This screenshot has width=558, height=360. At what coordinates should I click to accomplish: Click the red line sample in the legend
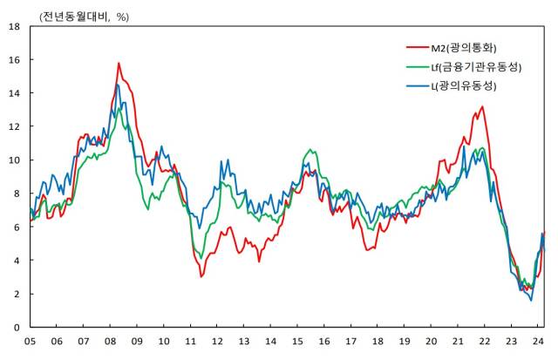[x=418, y=46]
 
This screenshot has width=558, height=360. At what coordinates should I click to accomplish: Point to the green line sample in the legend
[x=418, y=65]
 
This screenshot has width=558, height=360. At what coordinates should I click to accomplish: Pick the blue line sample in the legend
[x=418, y=85]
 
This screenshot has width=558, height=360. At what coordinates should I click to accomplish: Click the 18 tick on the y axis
[x=14, y=26]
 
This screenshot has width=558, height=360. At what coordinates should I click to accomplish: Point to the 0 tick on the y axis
[x=17, y=327]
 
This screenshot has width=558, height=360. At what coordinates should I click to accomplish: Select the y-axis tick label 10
[x=14, y=160]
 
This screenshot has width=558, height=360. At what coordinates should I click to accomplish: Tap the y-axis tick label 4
[x=17, y=260]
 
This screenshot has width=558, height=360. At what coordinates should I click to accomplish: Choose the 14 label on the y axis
[x=14, y=93]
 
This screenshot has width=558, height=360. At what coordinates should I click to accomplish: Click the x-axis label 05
[x=30, y=342]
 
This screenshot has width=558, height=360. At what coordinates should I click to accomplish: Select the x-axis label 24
[x=538, y=342]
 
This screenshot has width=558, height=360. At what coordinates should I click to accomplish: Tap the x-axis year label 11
[x=190, y=342]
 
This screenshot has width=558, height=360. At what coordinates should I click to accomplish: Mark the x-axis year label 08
[x=110, y=342]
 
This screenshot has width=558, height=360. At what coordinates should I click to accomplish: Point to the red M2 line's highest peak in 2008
[x=119, y=63]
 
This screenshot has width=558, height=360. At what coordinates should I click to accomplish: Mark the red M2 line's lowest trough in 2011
[x=201, y=276]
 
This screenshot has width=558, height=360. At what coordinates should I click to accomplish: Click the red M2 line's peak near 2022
[x=482, y=107]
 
